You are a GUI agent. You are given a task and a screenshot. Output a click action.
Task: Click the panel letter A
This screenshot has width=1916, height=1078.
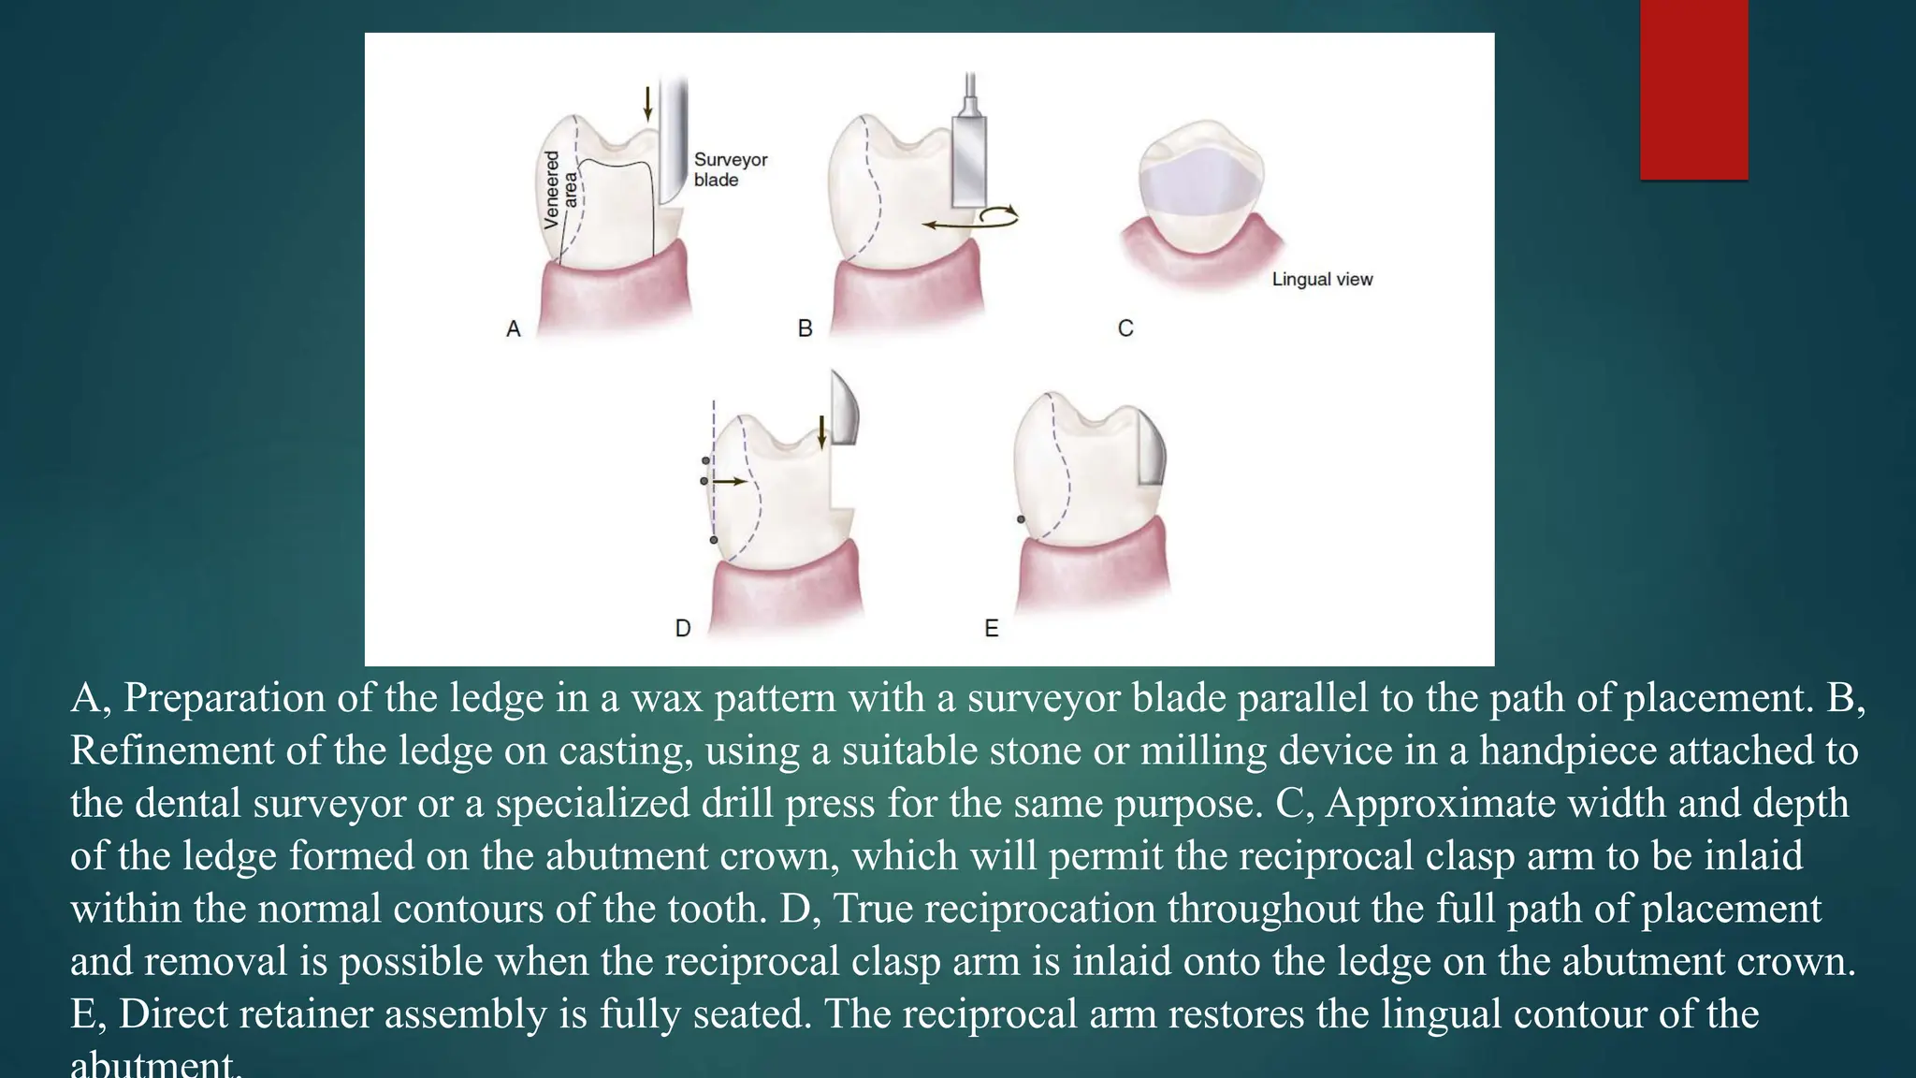click(513, 328)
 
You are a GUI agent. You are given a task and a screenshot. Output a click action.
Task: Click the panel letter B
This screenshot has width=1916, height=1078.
click(805, 328)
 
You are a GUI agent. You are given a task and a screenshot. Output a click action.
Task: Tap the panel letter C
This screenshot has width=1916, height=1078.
click(1125, 328)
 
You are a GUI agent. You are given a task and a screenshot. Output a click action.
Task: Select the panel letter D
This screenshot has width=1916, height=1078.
click(683, 628)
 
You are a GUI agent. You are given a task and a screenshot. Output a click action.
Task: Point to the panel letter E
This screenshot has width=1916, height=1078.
click(992, 628)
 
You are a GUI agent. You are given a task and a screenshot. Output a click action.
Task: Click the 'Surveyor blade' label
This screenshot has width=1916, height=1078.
click(730, 169)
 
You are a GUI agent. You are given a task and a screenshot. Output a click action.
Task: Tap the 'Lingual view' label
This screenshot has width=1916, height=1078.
click(1322, 279)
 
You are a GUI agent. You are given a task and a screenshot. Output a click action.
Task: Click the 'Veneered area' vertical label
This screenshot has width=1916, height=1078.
click(560, 190)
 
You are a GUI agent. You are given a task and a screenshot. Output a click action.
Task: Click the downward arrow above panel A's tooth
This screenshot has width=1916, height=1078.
click(647, 103)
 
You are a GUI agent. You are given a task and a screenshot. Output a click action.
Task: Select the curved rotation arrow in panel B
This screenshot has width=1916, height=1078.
click(998, 216)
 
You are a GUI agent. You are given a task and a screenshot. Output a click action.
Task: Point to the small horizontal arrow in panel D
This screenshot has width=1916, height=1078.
click(731, 481)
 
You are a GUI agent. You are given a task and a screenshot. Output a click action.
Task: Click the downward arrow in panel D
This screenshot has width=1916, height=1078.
click(821, 431)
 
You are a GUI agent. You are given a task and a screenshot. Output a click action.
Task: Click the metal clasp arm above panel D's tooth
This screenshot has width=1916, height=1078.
click(844, 408)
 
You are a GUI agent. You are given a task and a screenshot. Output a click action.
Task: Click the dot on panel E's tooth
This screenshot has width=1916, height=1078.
click(1021, 519)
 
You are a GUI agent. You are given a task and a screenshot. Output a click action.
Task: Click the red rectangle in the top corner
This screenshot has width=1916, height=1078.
click(1693, 89)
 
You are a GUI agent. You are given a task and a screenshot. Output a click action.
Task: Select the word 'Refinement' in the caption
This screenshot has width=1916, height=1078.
click(171, 750)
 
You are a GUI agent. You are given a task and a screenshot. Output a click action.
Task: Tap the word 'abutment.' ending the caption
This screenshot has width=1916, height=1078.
click(155, 1065)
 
